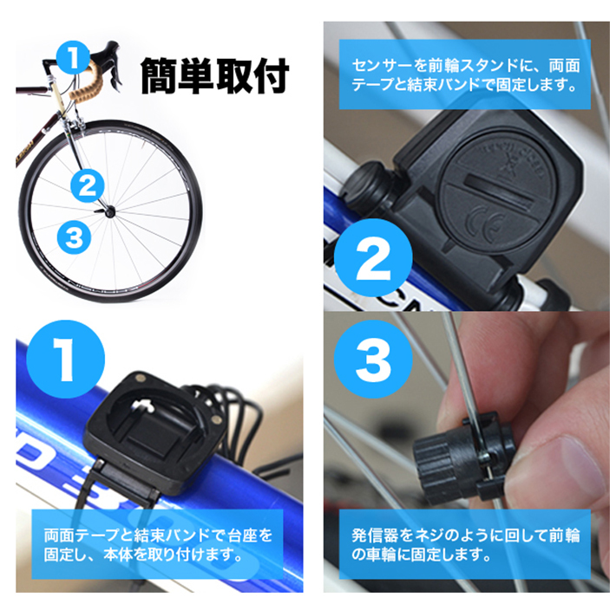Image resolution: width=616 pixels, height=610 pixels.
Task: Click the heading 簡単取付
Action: click(x=214, y=76)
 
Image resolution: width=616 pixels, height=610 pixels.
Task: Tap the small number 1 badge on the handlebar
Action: click(x=74, y=58)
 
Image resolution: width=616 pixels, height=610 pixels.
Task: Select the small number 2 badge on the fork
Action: click(x=88, y=185)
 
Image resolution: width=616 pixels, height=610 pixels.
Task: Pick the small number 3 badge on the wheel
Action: click(x=74, y=238)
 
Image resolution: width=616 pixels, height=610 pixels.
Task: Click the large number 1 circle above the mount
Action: click(x=66, y=360)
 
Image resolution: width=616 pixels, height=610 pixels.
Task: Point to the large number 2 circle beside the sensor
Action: click(x=373, y=257)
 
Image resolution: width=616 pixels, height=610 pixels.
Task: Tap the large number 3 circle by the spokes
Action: click(x=373, y=359)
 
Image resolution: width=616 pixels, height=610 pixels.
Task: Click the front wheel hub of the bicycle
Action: click(x=109, y=211)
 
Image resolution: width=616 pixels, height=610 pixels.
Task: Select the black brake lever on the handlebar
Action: click(x=116, y=67)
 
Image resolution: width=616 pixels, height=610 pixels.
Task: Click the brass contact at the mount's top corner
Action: click(x=139, y=379)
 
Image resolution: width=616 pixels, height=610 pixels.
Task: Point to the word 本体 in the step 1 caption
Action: click(x=120, y=555)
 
